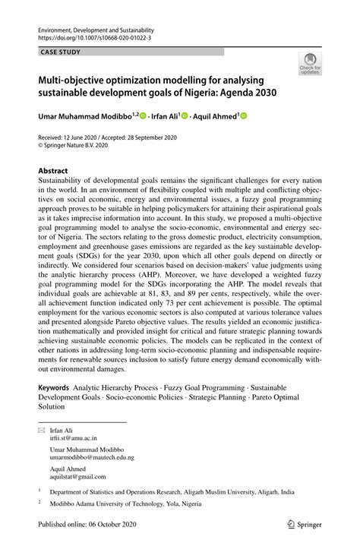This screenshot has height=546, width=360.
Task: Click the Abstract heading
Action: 53,172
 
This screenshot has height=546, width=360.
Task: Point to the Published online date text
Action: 86,525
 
